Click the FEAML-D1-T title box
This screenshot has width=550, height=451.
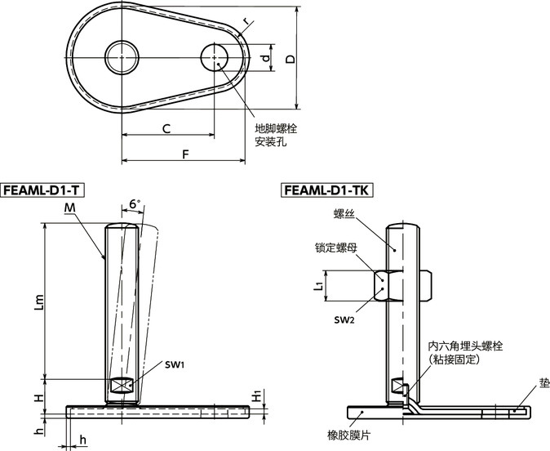(x=43, y=190)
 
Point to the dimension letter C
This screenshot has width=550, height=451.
(x=166, y=128)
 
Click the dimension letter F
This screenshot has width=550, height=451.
(x=185, y=154)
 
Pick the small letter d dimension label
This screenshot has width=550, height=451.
(x=264, y=59)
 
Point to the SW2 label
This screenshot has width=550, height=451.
(x=344, y=318)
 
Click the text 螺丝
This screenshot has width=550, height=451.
(x=344, y=213)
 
